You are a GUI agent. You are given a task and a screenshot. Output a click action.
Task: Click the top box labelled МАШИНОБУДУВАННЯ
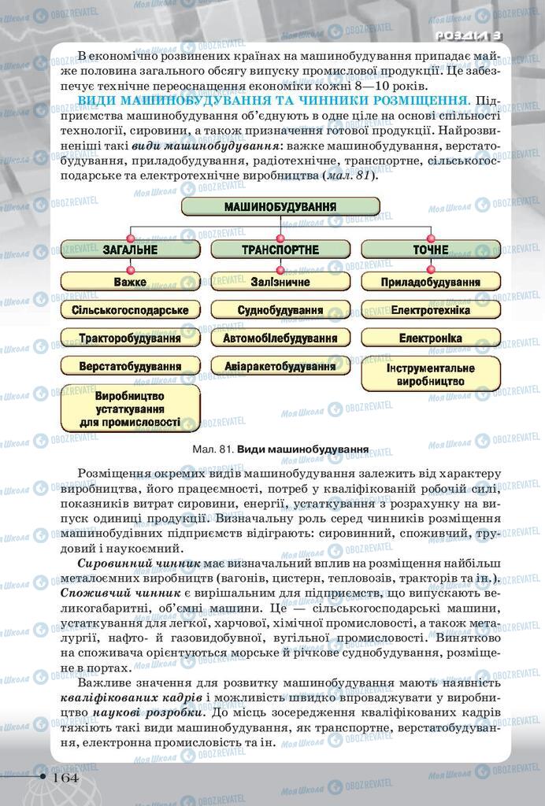pos(280,207)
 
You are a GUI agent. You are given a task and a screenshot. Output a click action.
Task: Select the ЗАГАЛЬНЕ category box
pos(130,250)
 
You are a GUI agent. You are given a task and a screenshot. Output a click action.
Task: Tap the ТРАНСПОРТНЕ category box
pos(280,250)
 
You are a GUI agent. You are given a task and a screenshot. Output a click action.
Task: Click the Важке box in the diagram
pos(130,281)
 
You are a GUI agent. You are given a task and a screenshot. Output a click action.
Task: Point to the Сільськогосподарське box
pos(130,310)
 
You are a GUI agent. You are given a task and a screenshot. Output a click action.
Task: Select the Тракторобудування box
pos(130,338)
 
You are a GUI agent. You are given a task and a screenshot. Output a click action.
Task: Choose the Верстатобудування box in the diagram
pos(130,367)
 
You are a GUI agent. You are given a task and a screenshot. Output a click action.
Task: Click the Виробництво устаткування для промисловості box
pos(130,409)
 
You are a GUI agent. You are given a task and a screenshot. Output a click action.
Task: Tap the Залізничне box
pos(280,281)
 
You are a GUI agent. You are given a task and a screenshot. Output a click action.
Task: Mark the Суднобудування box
pos(280,310)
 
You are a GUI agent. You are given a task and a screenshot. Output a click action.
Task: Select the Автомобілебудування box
pos(280,338)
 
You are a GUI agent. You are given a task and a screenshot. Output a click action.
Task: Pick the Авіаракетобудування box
pos(280,367)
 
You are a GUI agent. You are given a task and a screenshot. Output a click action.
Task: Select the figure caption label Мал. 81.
pos(213,451)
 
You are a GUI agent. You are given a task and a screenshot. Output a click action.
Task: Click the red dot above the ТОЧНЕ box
pos(430,238)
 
